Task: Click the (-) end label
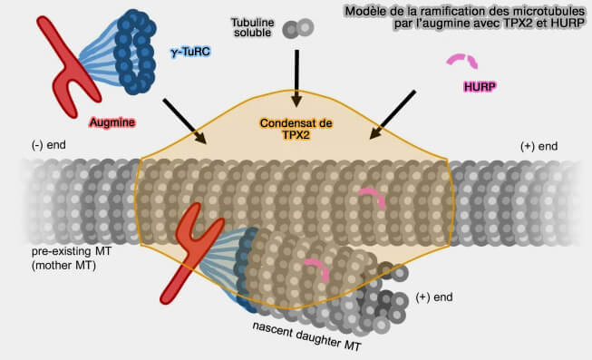click(x=49, y=145)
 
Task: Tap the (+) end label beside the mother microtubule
click(x=539, y=146)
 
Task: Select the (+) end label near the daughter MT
click(x=435, y=297)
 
